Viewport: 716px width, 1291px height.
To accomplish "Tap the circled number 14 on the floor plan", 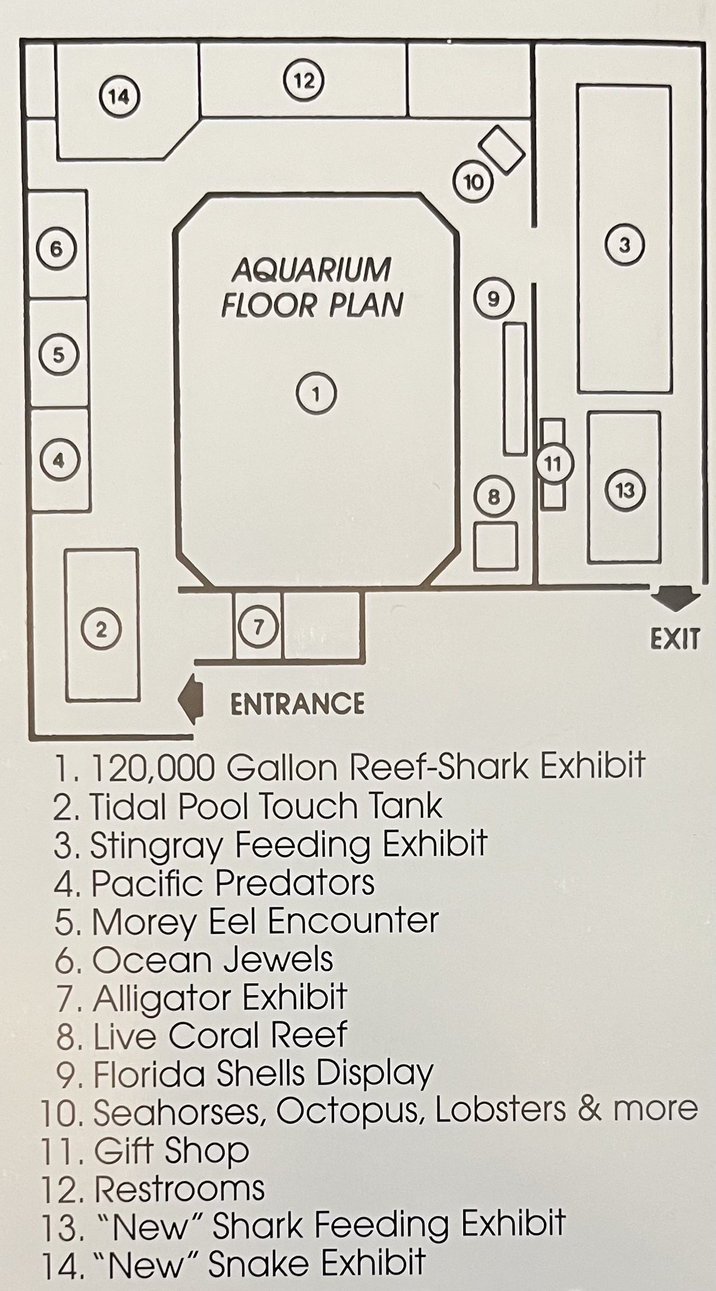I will point(120,95).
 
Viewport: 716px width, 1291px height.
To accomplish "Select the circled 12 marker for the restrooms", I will point(304,79).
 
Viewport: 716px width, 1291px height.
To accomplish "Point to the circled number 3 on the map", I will point(625,244).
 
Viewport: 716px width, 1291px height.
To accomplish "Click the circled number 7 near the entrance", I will point(258,628).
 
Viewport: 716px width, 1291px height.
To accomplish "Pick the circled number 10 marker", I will point(473,182).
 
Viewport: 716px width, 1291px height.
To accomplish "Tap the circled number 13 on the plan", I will point(625,491).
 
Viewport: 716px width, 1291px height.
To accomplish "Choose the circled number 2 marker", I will point(102,629).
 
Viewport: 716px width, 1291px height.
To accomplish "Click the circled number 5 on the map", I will point(58,355).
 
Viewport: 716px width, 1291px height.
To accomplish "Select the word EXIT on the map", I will point(674,640).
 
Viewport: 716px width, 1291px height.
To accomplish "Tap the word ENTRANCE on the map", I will point(297,703).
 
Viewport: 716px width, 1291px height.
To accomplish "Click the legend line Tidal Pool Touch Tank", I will point(248,806).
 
